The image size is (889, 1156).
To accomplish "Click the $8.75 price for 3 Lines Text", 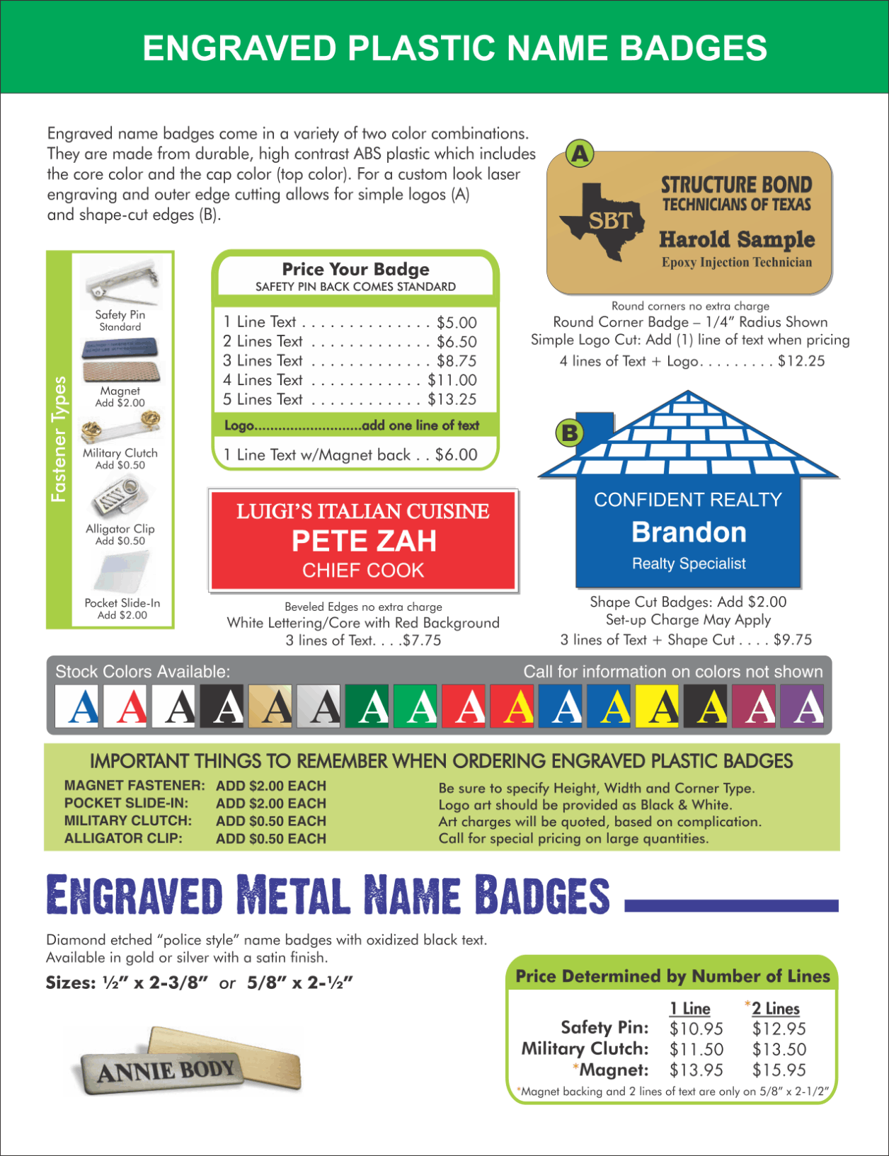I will (x=457, y=361).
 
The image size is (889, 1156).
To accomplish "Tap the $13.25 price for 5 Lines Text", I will (x=452, y=399).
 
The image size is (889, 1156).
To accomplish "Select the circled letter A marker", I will (x=580, y=154).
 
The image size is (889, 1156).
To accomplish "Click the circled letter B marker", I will (x=570, y=432).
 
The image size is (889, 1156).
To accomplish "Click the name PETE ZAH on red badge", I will (x=364, y=542).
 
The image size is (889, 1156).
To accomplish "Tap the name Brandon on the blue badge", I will (x=689, y=532).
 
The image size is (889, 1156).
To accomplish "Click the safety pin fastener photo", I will (x=121, y=283).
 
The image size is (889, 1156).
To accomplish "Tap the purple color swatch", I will (x=803, y=706).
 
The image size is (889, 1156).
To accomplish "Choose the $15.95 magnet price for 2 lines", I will (x=779, y=1070).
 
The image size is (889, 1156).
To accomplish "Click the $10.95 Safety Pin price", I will (x=696, y=1029).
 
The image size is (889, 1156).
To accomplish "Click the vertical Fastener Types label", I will (x=59, y=440).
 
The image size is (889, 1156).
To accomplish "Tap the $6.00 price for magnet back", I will (x=456, y=454).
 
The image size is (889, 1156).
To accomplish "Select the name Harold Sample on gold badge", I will (x=737, y=239).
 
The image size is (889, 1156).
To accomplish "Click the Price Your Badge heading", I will (x=355, y=269).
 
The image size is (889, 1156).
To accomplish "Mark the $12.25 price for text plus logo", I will (x=801, y=361).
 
